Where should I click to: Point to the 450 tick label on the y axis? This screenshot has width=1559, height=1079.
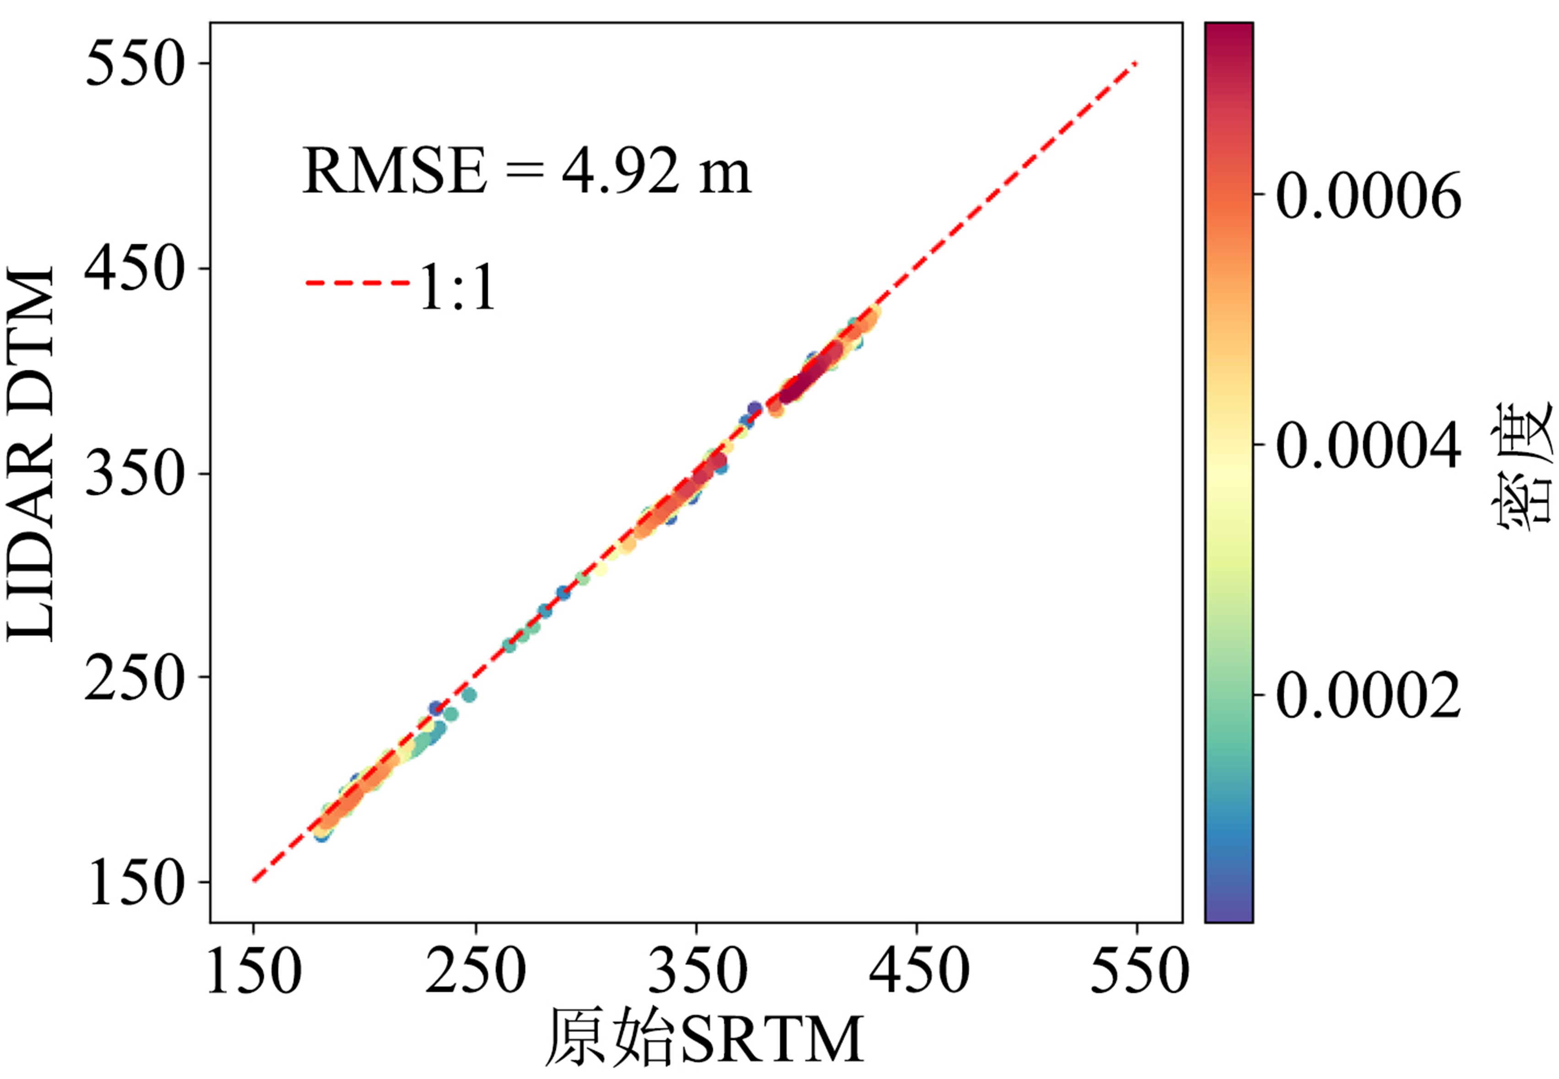pos(135,269)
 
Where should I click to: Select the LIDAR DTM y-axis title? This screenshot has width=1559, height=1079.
pos(30,453)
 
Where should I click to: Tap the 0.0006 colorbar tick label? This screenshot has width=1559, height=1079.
pos(1368,195)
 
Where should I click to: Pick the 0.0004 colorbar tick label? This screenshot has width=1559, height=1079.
pos(1368,445)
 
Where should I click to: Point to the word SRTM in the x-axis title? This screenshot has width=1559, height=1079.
pos(771,1041)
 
